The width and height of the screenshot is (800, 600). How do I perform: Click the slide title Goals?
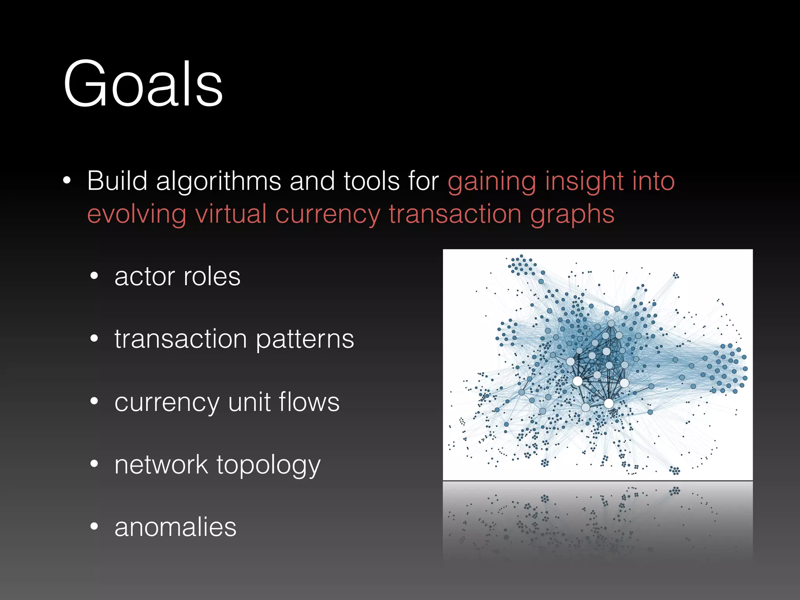[143, 84]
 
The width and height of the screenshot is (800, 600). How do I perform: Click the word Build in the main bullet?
[117, 181]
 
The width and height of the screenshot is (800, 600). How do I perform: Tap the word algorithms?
[218, 182]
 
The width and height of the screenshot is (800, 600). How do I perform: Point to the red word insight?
[580, 182]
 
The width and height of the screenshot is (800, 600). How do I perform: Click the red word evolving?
[136, 214]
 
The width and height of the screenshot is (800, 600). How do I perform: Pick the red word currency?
[327, 215]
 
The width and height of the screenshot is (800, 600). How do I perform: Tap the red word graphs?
[572, 215]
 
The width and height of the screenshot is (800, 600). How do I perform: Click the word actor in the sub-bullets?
[145, 277]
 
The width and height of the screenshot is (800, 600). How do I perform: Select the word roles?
[212, 277]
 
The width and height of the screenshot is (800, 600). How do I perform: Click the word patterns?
[305, 339]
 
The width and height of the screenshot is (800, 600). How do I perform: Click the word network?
[161, 464]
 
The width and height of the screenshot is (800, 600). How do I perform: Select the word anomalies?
[175, 527]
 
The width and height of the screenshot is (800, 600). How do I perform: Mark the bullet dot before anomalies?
[94, 527]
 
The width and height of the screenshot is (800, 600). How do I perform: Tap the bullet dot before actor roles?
[94, 276]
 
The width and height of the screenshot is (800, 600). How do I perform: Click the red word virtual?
[230, 214]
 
